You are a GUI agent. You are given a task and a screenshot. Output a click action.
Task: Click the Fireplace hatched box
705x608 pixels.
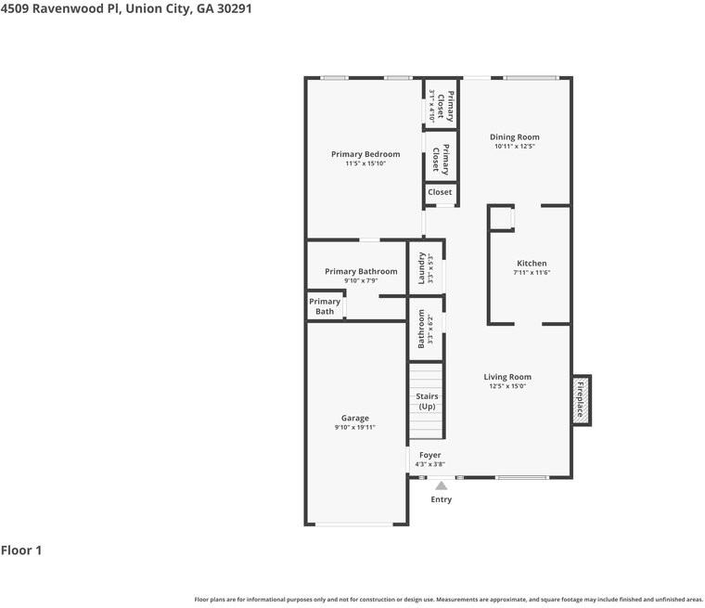point(581,400)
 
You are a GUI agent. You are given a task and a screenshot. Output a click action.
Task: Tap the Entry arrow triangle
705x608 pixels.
point(441,485)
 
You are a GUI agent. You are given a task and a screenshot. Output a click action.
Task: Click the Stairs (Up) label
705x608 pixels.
point(427,401)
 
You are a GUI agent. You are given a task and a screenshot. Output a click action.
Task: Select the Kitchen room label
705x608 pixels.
point(532,264)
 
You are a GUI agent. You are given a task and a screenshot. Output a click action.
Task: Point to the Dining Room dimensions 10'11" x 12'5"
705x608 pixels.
point(514,147)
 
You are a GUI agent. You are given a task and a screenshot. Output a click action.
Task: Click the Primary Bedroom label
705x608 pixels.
point(365,154)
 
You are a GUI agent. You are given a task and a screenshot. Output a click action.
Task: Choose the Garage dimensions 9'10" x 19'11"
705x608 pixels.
point(354,427)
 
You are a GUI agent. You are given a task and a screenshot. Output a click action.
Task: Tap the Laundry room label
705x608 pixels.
point(421,267)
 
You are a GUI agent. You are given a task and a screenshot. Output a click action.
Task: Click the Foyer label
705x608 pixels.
point(429,455)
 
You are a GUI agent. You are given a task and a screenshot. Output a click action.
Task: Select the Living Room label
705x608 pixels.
point(507,377)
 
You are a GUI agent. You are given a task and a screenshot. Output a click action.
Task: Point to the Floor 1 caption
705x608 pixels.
point(21,550)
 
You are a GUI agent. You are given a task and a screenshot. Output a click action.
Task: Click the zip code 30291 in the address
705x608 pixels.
point(235,8)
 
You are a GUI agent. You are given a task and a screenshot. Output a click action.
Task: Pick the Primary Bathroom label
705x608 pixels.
point(361,271)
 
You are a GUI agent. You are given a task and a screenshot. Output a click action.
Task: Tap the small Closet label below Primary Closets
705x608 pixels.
point(440,192)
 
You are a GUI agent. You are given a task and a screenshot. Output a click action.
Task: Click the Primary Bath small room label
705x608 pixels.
point(325,306)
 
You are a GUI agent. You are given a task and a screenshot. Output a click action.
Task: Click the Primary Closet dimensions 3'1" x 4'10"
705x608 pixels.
point(431,106)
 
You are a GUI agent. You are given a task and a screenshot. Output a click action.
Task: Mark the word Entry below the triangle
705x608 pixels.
point(441,499)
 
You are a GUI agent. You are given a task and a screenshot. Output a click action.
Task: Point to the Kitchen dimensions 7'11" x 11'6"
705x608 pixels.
point(532,272)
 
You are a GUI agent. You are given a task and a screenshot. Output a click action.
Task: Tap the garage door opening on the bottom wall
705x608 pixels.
point(354,524)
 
